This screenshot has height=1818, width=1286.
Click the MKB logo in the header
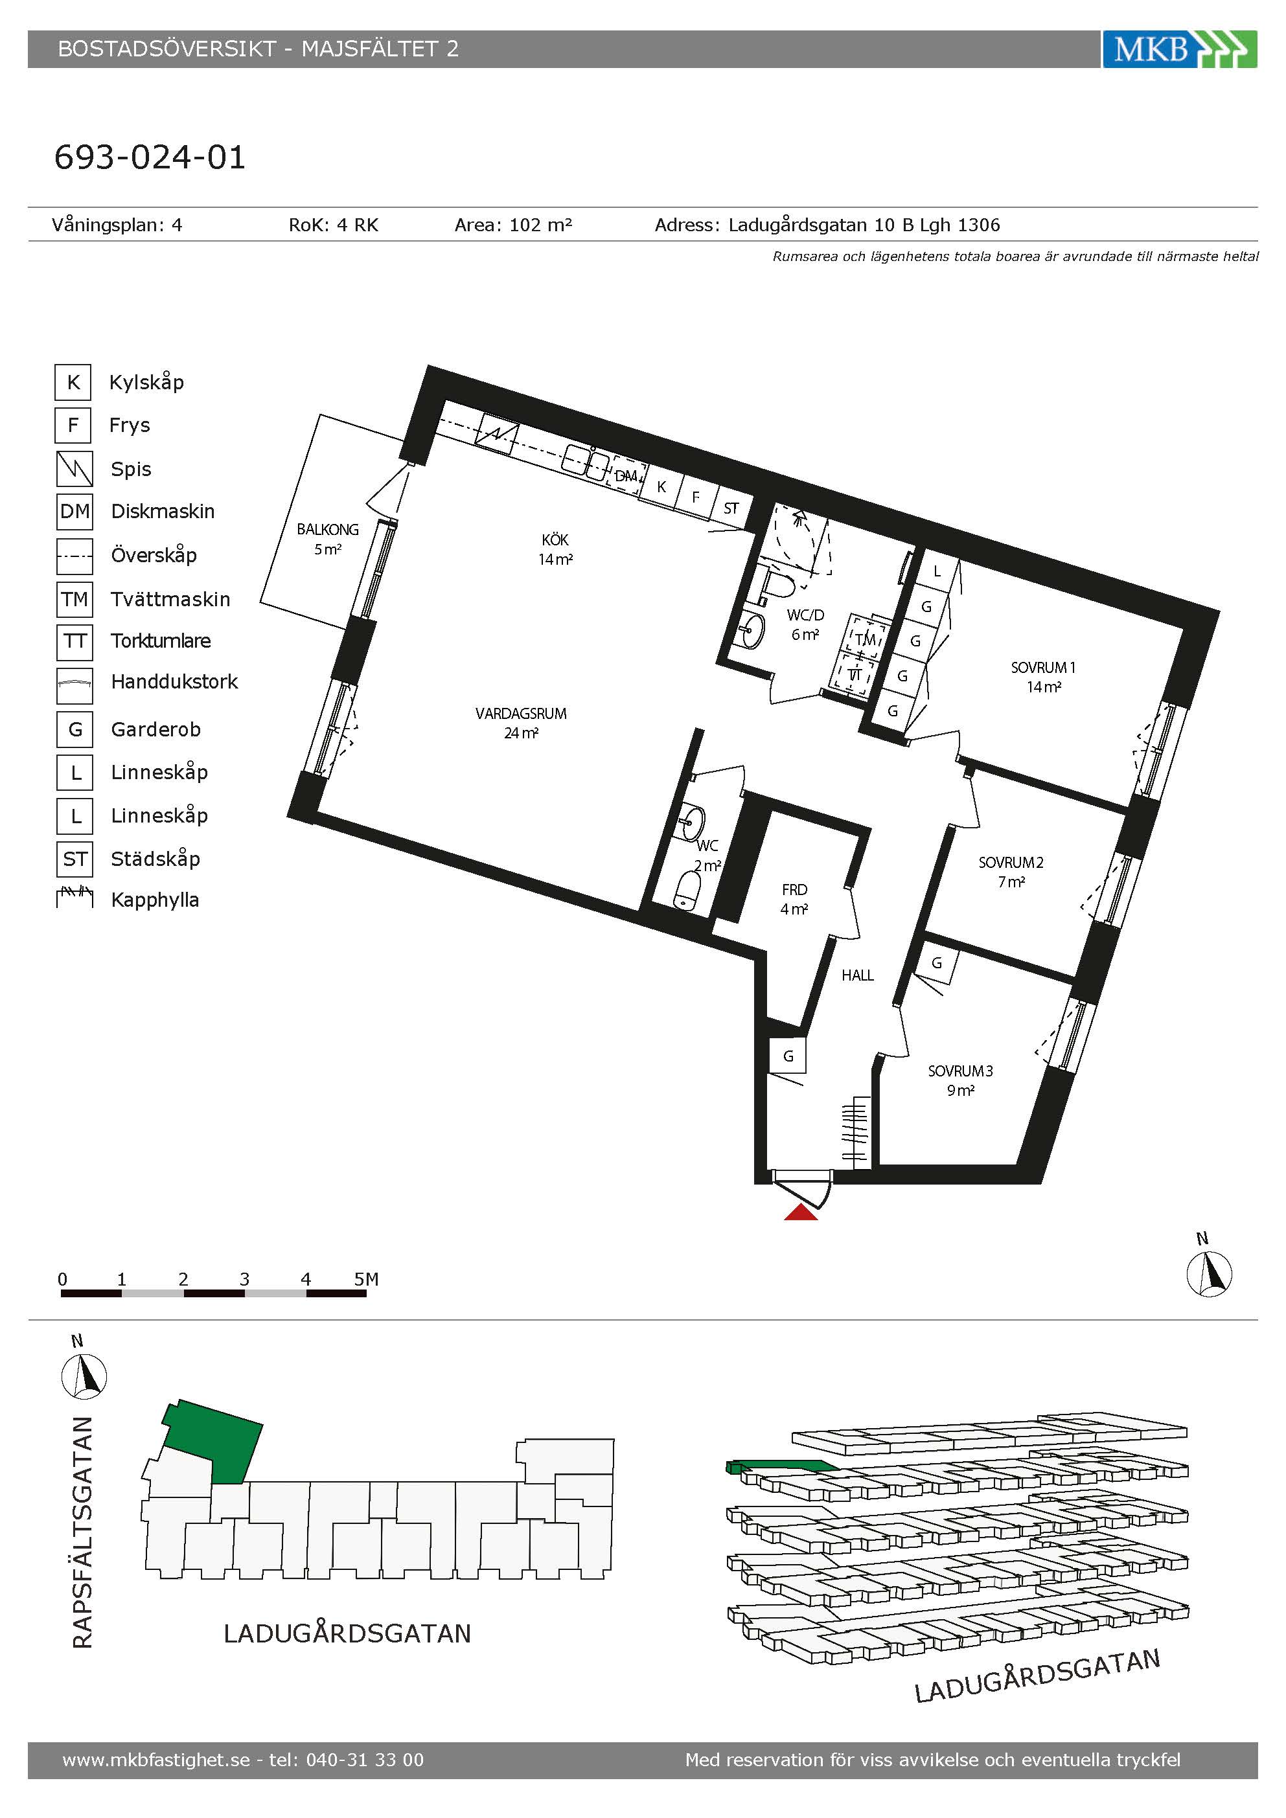pyautogui.click(x=1179, y=49)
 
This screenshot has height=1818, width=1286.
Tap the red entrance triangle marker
pyautogui.click(x=801, y=1212)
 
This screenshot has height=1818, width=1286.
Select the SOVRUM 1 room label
pyautogui.click(x=1043, y=677)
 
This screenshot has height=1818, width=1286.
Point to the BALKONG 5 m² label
pyautogui.click(x=328, y=538)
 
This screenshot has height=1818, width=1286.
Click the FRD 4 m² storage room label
pyautogui.click(x=794, y=900)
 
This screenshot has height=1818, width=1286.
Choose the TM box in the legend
pyautogui.click(x=75, y=598)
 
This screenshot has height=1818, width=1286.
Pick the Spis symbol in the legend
pyautogui.click(x=75, y=468)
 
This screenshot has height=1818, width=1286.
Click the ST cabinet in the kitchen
pyautogui.click(x=731, y=508)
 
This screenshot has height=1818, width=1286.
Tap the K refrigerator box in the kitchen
pyautogui.click(x=661, y=487)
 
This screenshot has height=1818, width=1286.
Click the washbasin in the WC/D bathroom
pyautogui.click(x=752, y=630)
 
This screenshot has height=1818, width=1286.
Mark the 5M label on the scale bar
pyautogui.click(x=366, y=1278)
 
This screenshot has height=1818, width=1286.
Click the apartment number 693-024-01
pyautogui.click(x=150, y=157)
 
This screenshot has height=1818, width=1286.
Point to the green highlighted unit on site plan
pyautogui.click(x=212, y=1442)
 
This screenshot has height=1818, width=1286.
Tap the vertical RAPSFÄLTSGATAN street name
pyautogui.click(x=83, y=1532)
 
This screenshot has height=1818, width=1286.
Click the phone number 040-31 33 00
pyautogui.click(x=365, y=1760)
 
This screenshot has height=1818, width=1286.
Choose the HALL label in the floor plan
pyautogui.click(x=858, y=975)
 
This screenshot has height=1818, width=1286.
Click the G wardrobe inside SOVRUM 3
pyautogui.click(x=937, y=963)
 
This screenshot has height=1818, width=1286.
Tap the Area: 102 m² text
pyautogui.click(x=513, y=225)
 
